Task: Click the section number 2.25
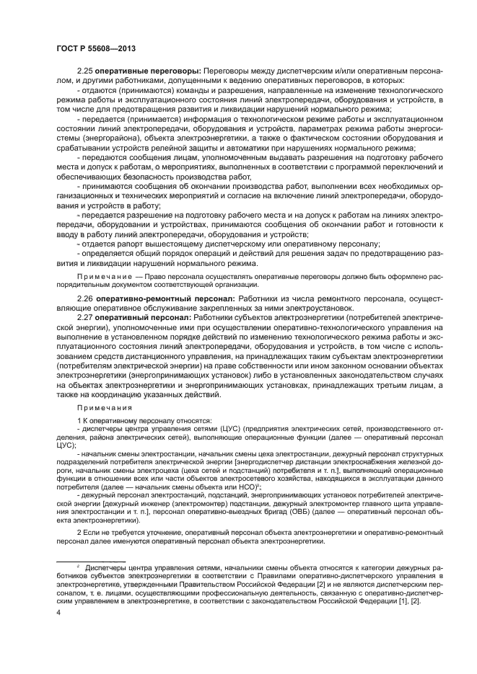coord(85,73)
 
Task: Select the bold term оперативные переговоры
coord(149,73)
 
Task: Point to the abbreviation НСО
coord(242,487)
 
